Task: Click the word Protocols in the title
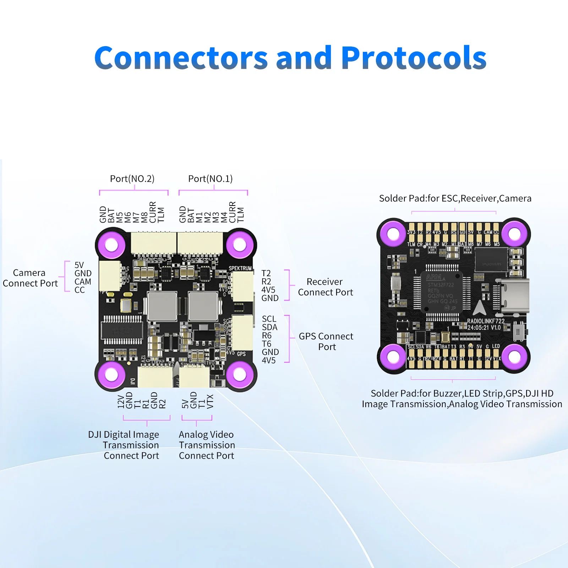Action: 414,58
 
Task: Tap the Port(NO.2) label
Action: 132,179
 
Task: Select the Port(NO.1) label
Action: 210,179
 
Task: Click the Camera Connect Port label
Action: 30,278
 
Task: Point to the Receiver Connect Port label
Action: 325,287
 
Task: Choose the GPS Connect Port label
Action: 326,341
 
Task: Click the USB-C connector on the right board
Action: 514,296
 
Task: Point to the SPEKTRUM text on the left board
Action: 240,268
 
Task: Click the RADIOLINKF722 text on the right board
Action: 485,321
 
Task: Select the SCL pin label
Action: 269,319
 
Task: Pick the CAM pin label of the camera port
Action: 83,282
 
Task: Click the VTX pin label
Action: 210,401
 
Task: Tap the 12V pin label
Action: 121,401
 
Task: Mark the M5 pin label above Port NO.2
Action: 120,217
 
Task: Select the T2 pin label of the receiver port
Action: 266,273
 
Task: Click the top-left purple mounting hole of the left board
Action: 112,245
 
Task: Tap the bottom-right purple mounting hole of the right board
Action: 514,357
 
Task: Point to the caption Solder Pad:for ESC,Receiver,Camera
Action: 455,198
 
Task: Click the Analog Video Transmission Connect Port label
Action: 207,445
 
